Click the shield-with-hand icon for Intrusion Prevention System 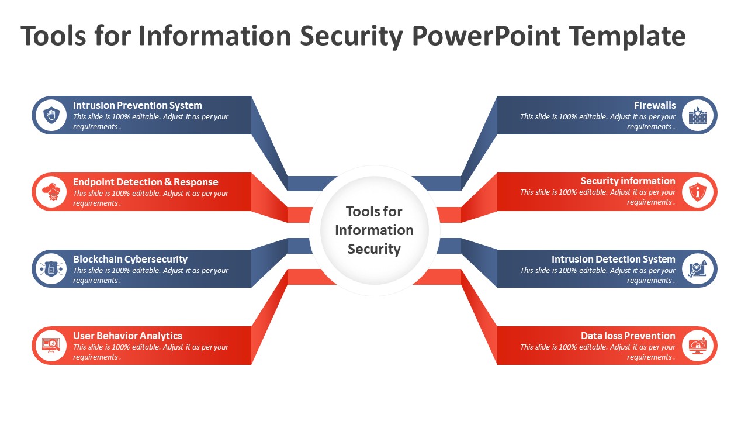51,115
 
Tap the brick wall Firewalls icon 698,115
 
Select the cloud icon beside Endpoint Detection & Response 51,192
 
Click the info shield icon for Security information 698,192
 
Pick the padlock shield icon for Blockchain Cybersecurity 51,268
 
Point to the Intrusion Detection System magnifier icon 698,268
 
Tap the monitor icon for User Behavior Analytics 51,345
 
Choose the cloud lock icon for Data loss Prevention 698,345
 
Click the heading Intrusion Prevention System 137,106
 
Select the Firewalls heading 655,106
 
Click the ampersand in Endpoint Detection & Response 168,182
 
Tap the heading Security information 628,181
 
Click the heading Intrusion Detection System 614,259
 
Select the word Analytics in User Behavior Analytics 161,336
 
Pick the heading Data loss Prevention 628,336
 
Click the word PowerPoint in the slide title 486,36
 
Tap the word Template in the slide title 628,36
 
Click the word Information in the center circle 374,230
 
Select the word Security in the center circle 374,249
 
